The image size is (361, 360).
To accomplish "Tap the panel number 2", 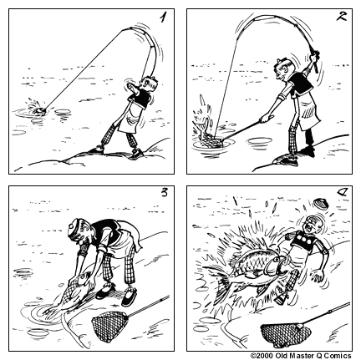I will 339,18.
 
